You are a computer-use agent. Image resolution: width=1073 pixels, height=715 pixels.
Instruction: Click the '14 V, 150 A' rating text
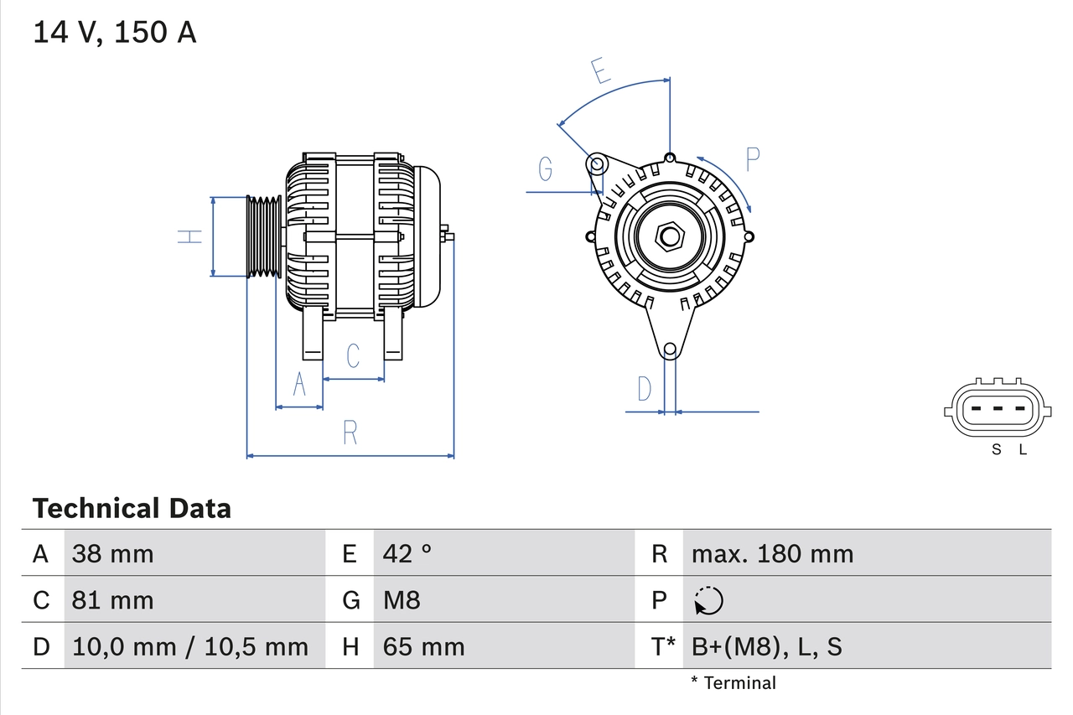[x=115, y=33]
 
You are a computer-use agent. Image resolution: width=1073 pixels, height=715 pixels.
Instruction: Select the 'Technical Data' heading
[x=132, y=509]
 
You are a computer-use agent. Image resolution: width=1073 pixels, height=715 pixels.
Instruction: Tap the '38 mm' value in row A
[x=113, y=553]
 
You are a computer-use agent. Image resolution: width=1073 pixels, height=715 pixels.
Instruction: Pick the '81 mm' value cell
[x=113, y=600]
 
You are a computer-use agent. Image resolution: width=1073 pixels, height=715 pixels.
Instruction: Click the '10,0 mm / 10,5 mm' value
[x=190, y=646]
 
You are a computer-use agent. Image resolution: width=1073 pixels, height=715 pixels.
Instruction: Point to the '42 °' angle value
[x=407, y=553]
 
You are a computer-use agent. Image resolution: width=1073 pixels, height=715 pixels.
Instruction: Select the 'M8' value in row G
[x=402, y=600]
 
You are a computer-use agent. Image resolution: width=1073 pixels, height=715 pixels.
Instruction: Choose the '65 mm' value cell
[x=423, y=646]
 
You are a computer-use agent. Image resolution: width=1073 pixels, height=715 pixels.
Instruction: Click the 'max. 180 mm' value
[x=772, y=553]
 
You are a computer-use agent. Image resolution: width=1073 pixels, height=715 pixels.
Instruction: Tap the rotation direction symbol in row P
[x=708, y=600]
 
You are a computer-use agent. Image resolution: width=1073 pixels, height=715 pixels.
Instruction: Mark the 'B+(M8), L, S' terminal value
[x=766, y=646]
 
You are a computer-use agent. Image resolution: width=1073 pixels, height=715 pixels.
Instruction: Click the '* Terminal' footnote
[x=733, y=683]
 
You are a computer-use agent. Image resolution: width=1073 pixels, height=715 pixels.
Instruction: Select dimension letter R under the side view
[x=350, y=433]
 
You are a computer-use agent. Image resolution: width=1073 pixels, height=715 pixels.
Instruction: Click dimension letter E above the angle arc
[x=599, y=71]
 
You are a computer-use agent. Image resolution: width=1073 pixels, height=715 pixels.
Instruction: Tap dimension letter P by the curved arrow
[x=752, y=158]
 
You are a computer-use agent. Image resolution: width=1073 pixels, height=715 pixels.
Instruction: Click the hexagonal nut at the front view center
[x=668, y=236]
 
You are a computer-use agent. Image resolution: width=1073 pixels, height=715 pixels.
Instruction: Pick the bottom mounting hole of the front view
[x=669, y=350]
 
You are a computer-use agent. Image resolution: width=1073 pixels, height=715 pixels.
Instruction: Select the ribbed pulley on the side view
[x=263, y=236]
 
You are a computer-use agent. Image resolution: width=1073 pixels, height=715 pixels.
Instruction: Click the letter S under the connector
[x=997, y=449]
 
